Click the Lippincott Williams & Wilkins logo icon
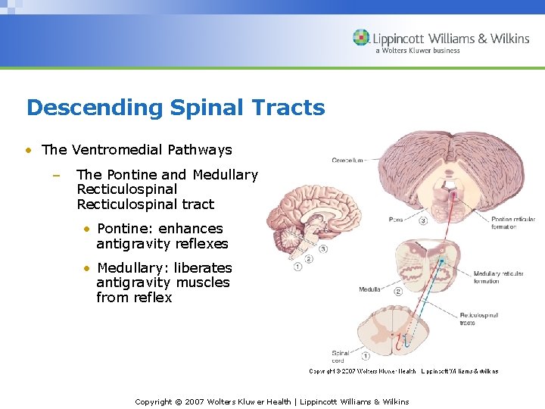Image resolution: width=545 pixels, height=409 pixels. point(362,38)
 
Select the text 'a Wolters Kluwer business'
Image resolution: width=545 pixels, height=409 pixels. point(418,51)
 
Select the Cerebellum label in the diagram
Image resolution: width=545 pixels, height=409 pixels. point(348,160)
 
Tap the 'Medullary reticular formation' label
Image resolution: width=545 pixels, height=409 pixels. point(498,276)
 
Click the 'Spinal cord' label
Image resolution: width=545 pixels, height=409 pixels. point(341,357)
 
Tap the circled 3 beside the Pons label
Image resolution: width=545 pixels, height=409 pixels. point(423,221)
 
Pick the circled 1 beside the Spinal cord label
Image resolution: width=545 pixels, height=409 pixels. point(366,354)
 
